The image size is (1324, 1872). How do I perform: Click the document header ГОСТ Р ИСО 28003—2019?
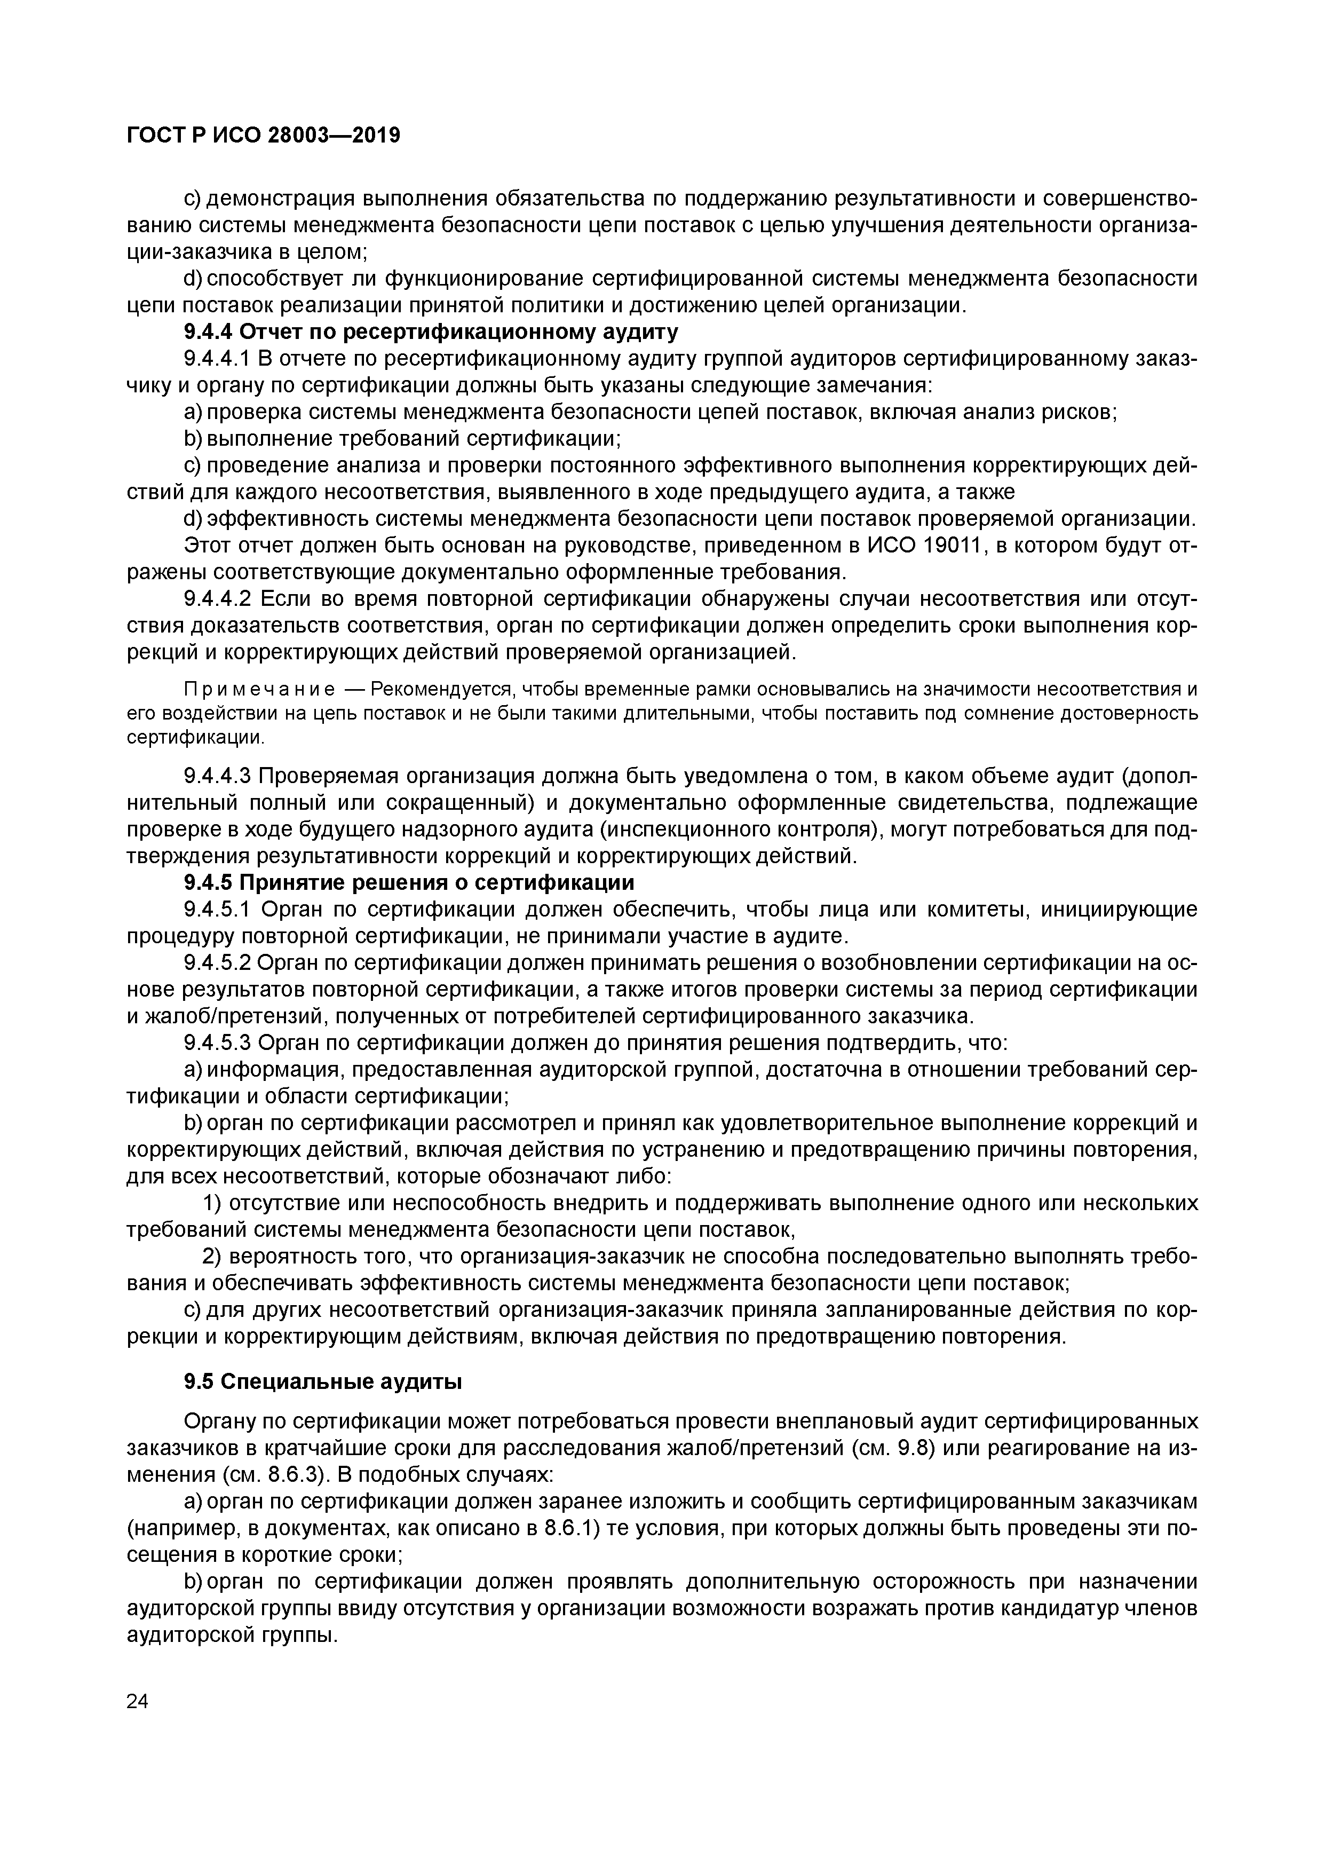(x=263, y=136)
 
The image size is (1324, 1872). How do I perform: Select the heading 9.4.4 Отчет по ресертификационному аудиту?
(x=431, y=332)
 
